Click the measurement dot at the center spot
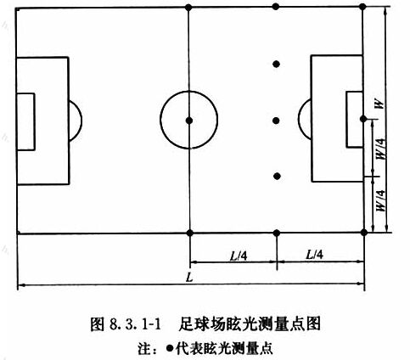189,121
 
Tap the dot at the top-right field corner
362,7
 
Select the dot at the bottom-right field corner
364,233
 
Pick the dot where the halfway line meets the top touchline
188,7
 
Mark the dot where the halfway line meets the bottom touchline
190,233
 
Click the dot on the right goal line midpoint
363,119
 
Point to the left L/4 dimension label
239,256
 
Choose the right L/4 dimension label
314,255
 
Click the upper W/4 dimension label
380,149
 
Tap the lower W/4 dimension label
380,200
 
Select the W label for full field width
379,104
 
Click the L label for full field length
189,277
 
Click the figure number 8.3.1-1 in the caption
135,324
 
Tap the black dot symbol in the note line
170,348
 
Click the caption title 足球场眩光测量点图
250,324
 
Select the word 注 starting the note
144,348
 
